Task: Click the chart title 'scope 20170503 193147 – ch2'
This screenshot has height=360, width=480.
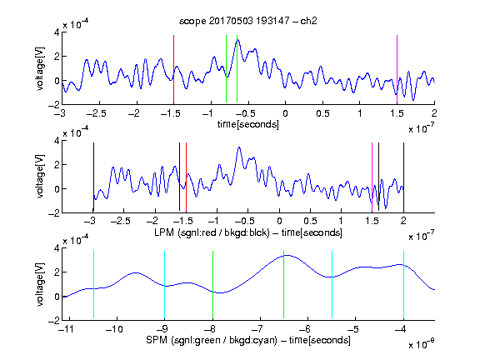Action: pyautogui.click(x=248, y=21)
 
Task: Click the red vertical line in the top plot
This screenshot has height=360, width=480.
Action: pyautogui.click(x=173, y=69)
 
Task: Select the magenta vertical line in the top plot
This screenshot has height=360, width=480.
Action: pyautogui.click(x=397, y=69)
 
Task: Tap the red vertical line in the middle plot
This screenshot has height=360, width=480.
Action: pyautogui.click(x=186, y=177)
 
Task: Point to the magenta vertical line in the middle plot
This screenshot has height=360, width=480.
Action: pyautogui.click(x=372, y=177)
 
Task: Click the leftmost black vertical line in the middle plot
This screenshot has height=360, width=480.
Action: pyautogui.click(x=93, y=177)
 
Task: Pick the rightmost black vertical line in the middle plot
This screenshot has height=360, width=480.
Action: pyautogui.click(x=403, y=177)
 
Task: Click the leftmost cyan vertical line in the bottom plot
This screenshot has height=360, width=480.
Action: pyautogui.click(x=93, y=285)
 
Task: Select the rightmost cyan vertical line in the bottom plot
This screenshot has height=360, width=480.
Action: pyautogui.click(x=403, y=285)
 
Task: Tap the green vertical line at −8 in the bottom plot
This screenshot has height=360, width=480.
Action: pyautogui.click(x=212, y=285)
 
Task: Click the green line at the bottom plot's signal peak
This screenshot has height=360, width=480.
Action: pyautogui.click(x=284, y=285)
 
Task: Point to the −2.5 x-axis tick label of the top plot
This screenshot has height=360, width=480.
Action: pyautogui.click(x=97, y=113)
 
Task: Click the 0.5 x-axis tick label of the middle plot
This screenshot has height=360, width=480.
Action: pyautogui.click(x=310, y=221)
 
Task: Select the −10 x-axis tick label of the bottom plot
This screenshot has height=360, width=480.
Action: pyautogui.click(x=114, y=329)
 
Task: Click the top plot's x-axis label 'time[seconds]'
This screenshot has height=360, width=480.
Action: pyautogui.click(x=248, y=124)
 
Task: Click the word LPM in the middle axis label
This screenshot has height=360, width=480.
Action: pyautogui.click(x=164, y=232)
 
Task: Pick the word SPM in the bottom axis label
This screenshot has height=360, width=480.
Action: pyautogui.click(x=157, y=340)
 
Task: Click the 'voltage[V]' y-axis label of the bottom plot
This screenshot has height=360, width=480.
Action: pyautogui.click(x=40, y=285)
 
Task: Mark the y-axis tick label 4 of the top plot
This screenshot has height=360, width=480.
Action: pyautogui.click(x=57, y=32)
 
